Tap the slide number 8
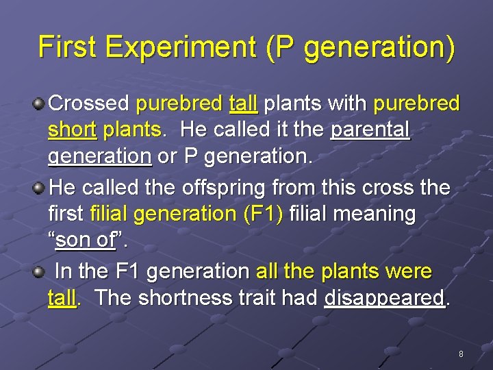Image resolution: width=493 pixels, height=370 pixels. (461, 354)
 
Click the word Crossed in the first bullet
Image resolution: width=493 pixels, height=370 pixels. (89, 104)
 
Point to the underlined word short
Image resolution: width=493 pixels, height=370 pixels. (70, 130)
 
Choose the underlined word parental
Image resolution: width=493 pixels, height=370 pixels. (370, 130)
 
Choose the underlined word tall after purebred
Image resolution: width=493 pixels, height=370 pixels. (243, 104)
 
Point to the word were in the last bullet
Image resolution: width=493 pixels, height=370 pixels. (409, 271)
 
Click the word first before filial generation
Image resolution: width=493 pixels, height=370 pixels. (66, 214)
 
